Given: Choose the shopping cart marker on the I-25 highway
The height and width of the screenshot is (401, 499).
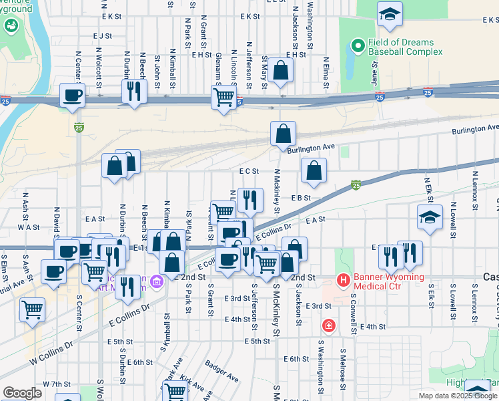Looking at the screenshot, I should pyautogui.click(x=223, y=97).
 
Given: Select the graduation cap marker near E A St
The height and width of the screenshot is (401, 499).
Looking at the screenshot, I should pyautogui.click(x=430, y=217).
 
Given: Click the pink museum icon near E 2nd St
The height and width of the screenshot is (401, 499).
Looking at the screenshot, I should pyautogui.click(x=157, y=280).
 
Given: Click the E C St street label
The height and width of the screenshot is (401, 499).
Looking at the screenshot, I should pyautogui.click(x=249, y=171).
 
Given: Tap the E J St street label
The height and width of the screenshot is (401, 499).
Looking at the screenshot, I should pyautogui.click(x=103, y=36).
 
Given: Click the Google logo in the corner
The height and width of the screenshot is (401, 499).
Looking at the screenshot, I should pyautogui.click(x=22, y=393).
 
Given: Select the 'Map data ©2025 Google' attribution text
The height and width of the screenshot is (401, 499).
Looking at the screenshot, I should pyautogui.click(x=458, y=396).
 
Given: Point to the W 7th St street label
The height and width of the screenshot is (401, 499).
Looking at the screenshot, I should pyautogui.click(x=56, y=384).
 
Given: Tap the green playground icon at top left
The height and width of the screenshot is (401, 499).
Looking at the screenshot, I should pyautogui.click(x=11, y=25).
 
